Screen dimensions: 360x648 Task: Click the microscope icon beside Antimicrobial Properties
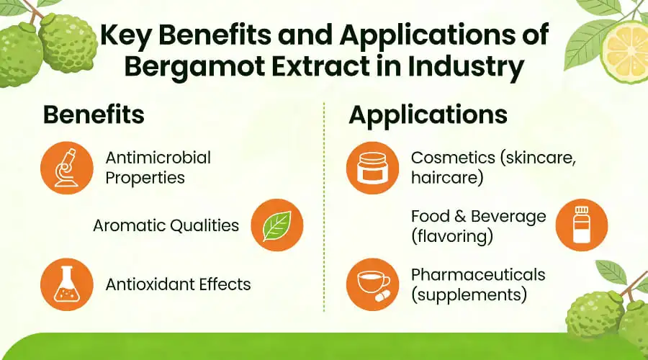tap(67, 168)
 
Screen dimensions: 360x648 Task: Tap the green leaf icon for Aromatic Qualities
tap(276, 226)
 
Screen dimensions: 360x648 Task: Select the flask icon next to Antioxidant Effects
tap(67, 284)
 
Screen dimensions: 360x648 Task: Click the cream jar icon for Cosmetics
tap(373, 168)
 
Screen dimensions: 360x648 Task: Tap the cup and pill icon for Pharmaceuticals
tap(373, 284)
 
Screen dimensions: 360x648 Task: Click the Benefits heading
tap(94, 115)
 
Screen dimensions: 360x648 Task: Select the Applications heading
tap(428, 115)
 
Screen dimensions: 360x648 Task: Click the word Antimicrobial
tap(158, 158)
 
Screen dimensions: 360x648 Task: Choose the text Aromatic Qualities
tap(166, 225)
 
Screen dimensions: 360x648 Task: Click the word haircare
tap(446, 177)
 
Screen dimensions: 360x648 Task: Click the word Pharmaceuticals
tap(477, 274)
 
